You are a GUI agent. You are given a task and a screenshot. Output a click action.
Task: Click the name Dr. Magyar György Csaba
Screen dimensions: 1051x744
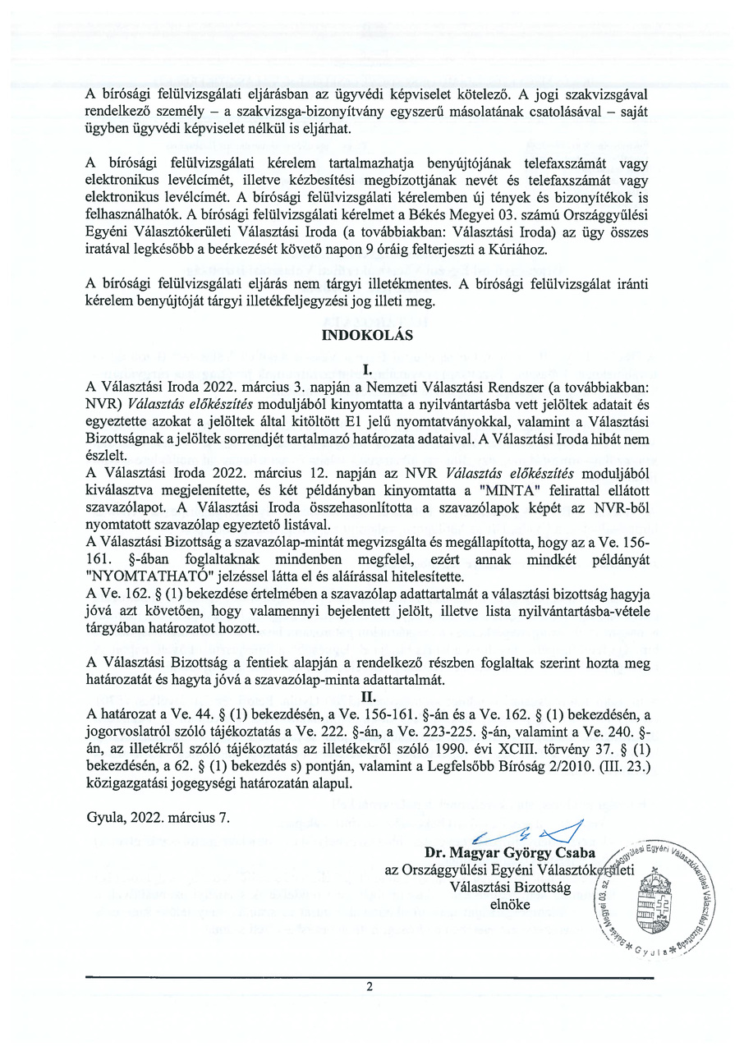click(x=510, y=851)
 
